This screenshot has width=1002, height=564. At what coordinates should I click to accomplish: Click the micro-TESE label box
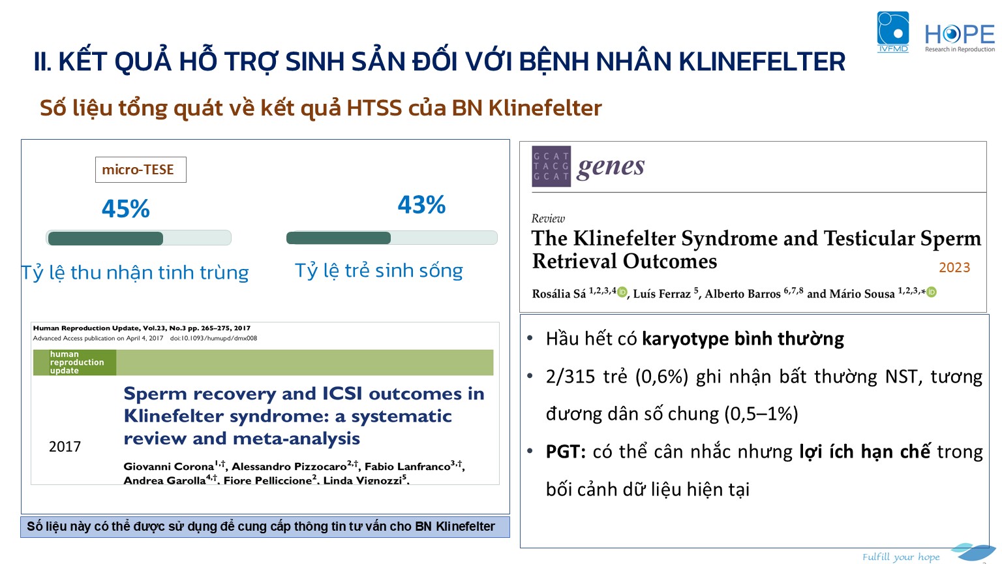click(140, 170)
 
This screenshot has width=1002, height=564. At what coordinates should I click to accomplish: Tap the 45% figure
click(126, 209)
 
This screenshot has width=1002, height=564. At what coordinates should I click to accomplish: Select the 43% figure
click(421, 204)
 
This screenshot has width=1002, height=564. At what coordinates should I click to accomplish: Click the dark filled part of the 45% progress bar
click(106, 238)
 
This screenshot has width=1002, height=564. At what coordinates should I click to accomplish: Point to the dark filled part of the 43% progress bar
click(339, 238)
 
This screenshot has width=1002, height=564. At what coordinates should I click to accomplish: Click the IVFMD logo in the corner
click(893, 32)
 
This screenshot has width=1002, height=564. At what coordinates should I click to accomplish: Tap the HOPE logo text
click(960, 35)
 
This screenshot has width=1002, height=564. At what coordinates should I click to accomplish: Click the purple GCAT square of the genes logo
click(551, 166)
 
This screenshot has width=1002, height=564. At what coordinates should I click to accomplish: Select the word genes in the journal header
click(611, 167)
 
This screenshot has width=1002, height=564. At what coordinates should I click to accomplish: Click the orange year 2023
click(954, 267)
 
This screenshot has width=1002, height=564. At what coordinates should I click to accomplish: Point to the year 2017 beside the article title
click(65, 446)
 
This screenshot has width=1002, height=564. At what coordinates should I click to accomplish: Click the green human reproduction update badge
click(75, 362)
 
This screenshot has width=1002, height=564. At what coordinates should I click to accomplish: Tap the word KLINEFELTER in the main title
click(762, 61)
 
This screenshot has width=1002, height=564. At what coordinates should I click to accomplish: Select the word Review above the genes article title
click(548, 219)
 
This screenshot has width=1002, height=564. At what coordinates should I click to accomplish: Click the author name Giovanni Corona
click(169, 467)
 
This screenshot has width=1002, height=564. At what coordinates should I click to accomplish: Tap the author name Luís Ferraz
click(661, 294)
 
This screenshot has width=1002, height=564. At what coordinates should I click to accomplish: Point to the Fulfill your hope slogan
click(901, 557)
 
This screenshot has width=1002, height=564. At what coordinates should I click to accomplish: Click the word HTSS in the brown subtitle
click(374, 108)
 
